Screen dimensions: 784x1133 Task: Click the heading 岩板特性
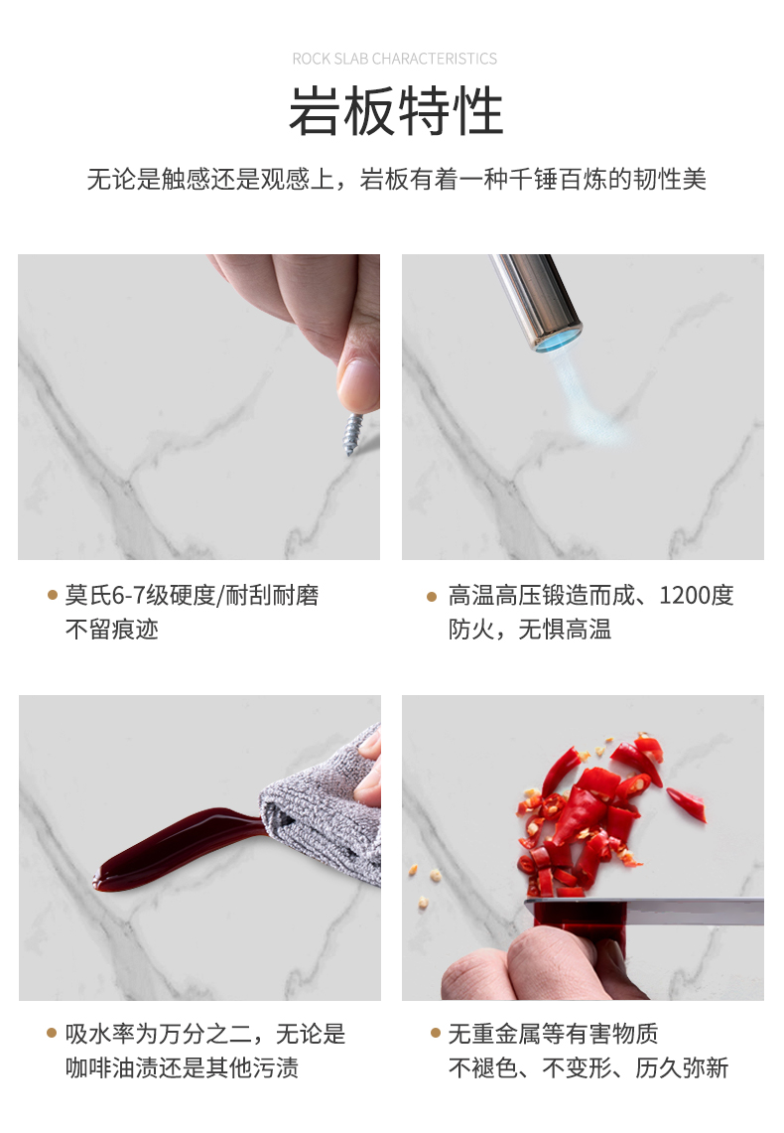coord(396,110)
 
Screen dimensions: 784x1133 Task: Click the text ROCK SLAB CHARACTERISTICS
coord(394,59)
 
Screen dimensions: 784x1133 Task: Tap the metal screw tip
coord(348,452)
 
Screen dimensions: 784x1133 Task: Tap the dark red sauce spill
coord(178,848)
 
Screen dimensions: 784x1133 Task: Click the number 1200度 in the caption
coord(696,596)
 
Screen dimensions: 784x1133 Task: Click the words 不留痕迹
coord(112,630)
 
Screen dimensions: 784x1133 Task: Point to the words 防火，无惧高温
coord(529,630)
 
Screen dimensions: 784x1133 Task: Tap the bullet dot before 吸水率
coord(52,1033)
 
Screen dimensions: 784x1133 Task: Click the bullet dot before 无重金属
coord(435,1033)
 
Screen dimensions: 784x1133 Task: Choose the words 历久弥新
coord(682,1067)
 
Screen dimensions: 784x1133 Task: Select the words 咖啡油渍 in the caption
coord(112,1067)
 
